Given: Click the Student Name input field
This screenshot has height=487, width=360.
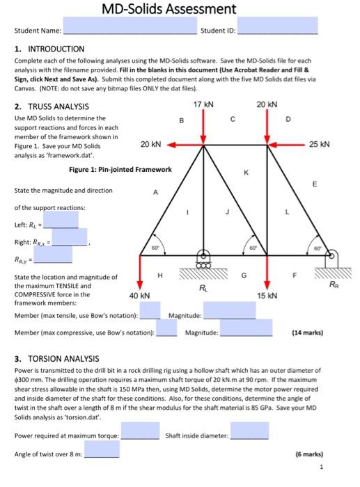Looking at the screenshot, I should (130, 30).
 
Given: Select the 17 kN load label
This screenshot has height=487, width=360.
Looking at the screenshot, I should (203, 104).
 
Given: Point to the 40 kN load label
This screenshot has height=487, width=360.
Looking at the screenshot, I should (140, 296).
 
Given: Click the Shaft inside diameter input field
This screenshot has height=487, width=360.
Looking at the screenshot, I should (249, 435).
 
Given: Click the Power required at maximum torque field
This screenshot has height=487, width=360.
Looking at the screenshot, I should (142, 435).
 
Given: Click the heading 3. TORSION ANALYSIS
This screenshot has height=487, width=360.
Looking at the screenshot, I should (57, 358).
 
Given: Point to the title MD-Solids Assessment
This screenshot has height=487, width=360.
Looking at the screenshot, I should (169, 9).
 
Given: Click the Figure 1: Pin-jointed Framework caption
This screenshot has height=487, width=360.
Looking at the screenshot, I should (120, 169).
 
